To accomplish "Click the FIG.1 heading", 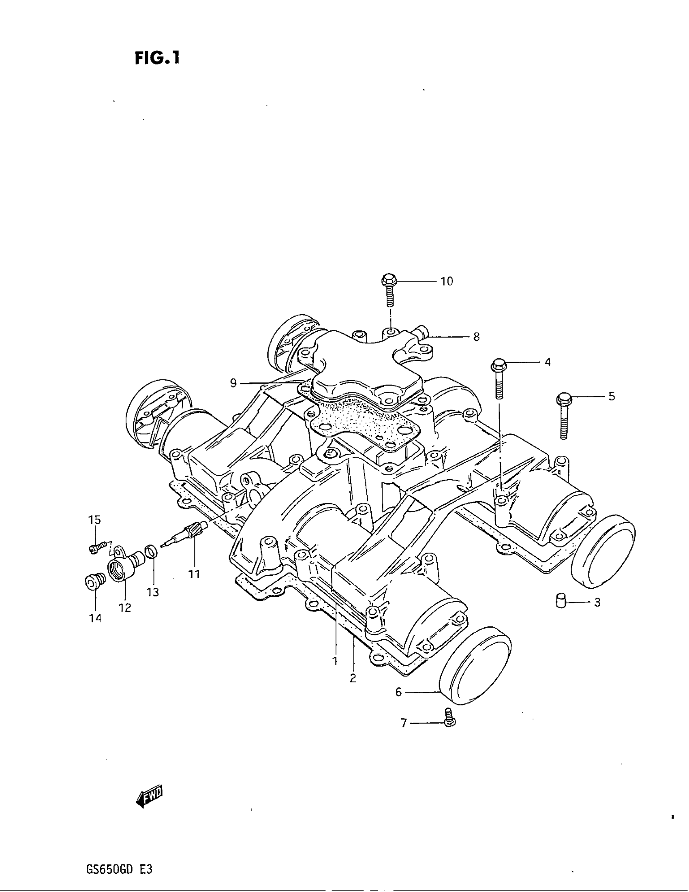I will point(157,58).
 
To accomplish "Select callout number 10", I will point(447,281).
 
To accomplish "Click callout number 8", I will point(476,337).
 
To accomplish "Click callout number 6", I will point(399,692).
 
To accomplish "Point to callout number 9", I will point(233,383).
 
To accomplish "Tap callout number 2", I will point(353,678).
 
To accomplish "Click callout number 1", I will point(335,660).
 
